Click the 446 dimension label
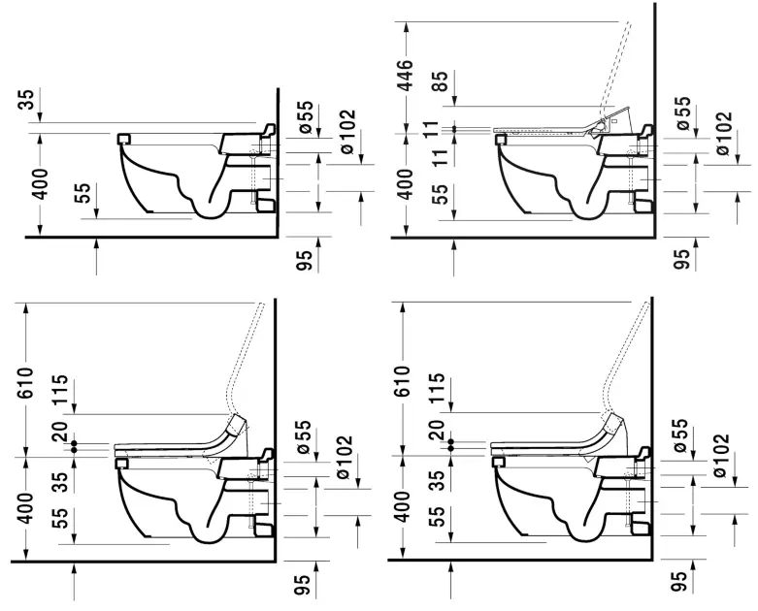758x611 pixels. (x=404, y=76)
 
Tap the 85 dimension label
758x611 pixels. (x=440, y=81)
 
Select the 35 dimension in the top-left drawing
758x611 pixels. (x=27, y=100)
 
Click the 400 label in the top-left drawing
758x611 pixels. (x=40, y=184)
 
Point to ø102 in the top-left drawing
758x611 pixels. (x=347, y=132)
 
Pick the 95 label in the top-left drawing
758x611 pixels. (x=304, y=259)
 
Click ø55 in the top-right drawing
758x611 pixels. (x=682, y=113)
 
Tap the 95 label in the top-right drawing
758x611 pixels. (x=680, y=259)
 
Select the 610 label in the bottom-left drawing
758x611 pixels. (x=25, y=382)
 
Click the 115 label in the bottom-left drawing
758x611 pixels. (x=61, y=390)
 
